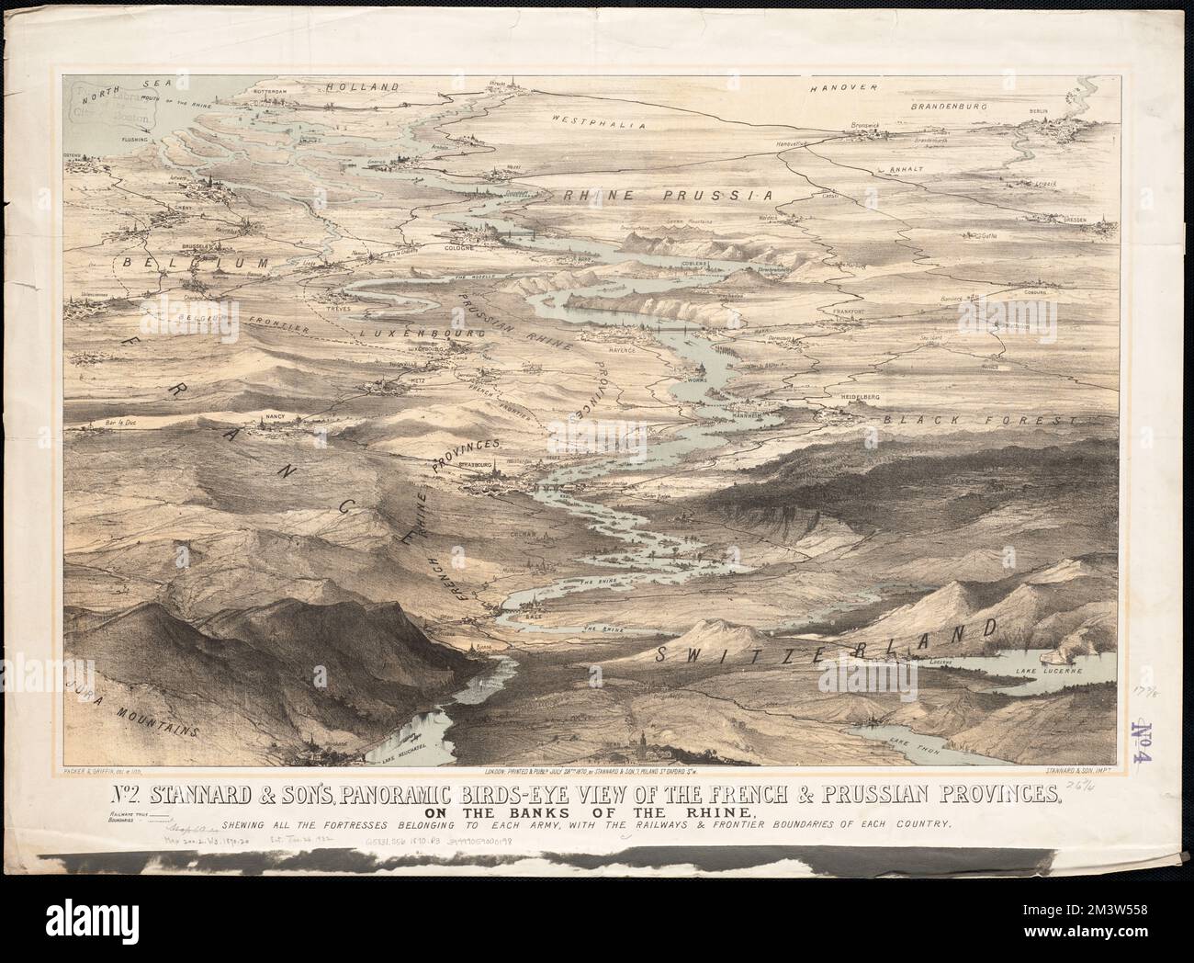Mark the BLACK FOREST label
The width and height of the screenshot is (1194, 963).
coord(979,419)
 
